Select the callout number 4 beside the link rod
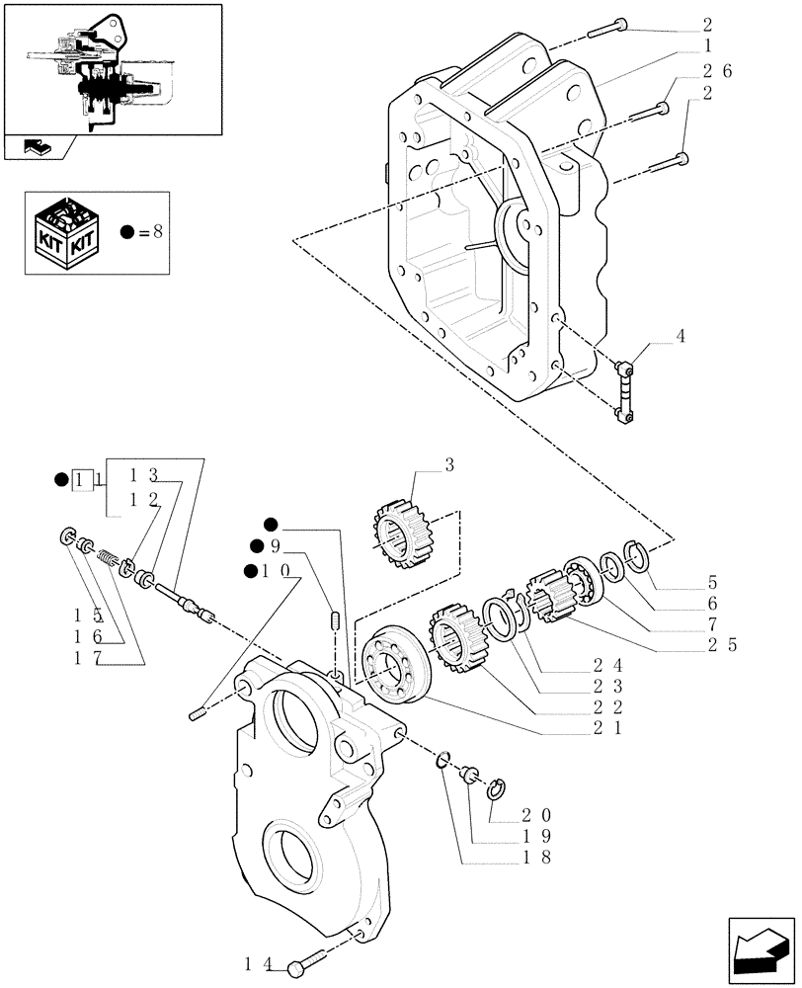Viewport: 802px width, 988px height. click(680, 336)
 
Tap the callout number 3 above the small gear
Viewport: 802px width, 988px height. click(448, 465)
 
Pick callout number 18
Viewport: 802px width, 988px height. click(537, 858)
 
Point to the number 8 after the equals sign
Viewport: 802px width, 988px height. click(158, 233)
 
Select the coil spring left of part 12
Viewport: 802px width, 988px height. click(107, 558)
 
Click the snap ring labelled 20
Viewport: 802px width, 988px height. click(499, 787)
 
